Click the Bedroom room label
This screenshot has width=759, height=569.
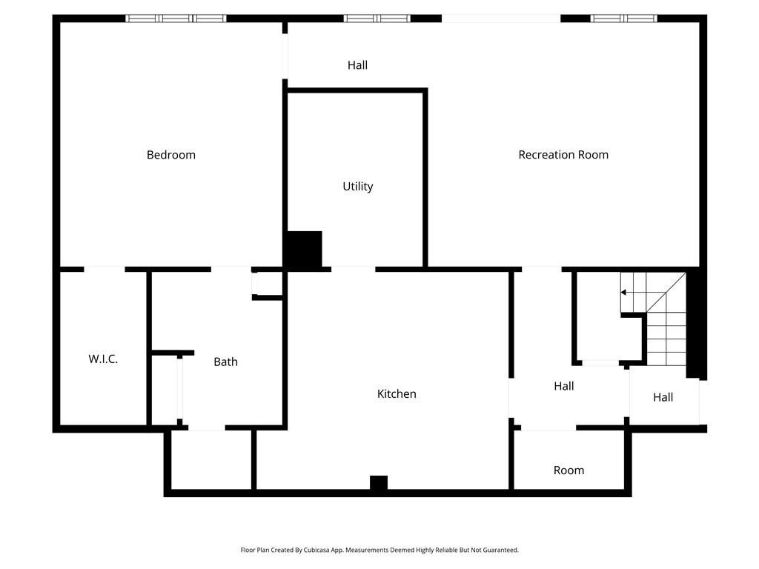click(171, 155)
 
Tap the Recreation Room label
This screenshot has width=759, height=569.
click(563, 155)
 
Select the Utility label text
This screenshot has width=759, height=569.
click(357, 187)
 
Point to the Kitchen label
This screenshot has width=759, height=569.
click(397, 394)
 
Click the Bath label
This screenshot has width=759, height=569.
click(225, 362)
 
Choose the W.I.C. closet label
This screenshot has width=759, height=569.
click(103, 359)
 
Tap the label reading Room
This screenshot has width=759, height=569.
click(569, 470)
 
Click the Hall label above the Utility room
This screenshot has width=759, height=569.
click(357, 65)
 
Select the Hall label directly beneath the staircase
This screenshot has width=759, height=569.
click(663, 397)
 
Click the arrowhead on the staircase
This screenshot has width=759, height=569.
click(624, 293)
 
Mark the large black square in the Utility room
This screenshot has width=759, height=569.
click(304, 250)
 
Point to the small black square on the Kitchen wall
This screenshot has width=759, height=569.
click(378, 483)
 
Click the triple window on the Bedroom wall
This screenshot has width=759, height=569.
click(176, 18)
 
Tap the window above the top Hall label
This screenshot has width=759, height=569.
click(377, 18)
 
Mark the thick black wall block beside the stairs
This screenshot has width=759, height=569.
click(695, 326)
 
